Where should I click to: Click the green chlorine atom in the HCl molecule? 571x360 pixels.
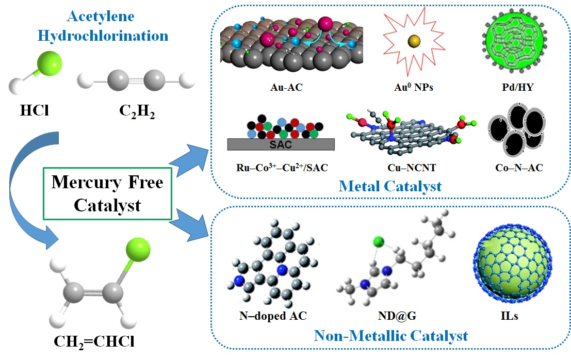point(49,64)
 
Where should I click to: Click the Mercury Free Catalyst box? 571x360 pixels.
point(107,194)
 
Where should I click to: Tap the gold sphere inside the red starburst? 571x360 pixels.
point(413,41)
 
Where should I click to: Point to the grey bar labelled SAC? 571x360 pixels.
point(281,144)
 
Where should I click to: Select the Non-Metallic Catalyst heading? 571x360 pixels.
point(390,336)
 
